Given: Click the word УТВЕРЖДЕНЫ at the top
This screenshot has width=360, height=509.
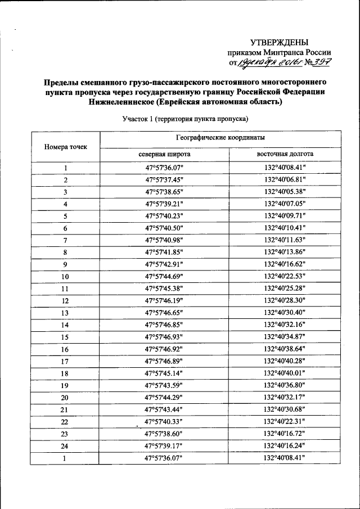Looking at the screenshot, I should point(280,42).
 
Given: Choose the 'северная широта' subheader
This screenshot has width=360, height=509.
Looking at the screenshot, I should point(164,154).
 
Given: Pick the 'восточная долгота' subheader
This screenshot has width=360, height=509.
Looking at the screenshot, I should point(285,154).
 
